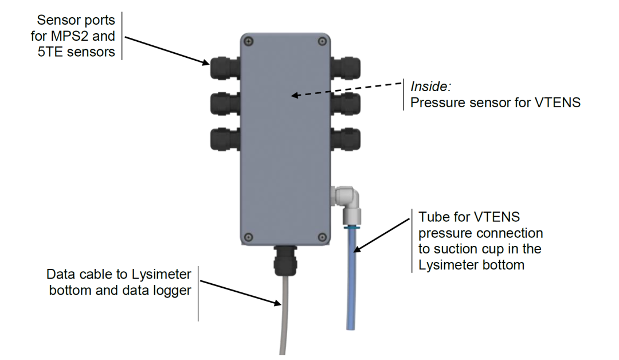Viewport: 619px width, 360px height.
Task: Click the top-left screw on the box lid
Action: (248, 41)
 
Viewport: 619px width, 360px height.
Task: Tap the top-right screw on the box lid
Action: (323, 41)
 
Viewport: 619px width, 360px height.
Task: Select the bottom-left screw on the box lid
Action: (248, 237)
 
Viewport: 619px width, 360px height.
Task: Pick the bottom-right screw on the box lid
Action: (323, 237)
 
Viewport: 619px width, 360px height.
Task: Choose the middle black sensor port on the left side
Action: (222, 104)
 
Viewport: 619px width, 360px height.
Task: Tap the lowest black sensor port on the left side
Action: (222, 139)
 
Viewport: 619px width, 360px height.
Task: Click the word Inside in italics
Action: (430, 87)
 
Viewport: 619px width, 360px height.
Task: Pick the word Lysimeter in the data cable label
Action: (166, 274)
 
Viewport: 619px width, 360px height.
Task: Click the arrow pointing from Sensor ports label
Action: (166, 50)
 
